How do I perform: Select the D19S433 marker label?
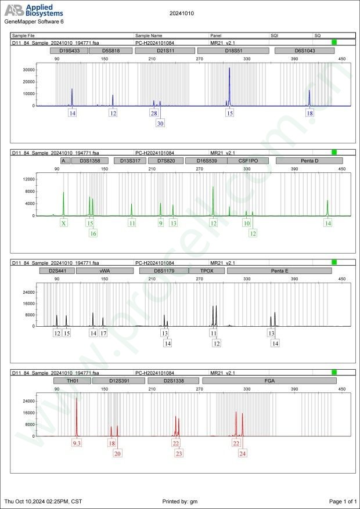pos(69,51)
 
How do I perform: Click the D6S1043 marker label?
pos(304,51)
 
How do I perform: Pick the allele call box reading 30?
pos(160,124)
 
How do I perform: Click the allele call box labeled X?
pos(63,223)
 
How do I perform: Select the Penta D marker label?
pos(309,161)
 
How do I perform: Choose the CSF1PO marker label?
pos(248,161)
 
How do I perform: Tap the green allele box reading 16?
pos(93,233)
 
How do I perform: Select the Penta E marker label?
pos(279,270)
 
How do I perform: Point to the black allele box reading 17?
pos(103,333)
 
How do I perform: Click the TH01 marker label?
pos(72,381)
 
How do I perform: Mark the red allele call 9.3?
pos(77,443)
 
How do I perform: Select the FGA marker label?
pos(269,381)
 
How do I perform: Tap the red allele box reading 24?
pos(242,453)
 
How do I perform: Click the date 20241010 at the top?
pos(182,13)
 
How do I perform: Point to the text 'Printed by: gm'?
pos(183,501)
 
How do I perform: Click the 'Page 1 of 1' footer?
pos(342,501)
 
